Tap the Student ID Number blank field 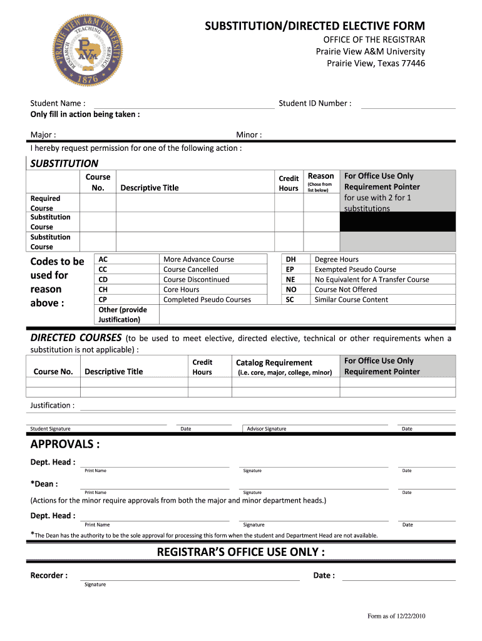408,104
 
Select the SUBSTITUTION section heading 65,163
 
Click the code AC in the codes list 103,259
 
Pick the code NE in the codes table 290,279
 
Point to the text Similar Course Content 351,299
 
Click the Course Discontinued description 196,279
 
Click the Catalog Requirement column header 274,362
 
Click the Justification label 53,405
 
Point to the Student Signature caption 51,429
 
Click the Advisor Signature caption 267,429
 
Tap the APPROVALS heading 65,444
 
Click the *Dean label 44,484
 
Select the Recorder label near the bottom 49,575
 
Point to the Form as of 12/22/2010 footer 396,616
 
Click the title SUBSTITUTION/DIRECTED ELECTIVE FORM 315,26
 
